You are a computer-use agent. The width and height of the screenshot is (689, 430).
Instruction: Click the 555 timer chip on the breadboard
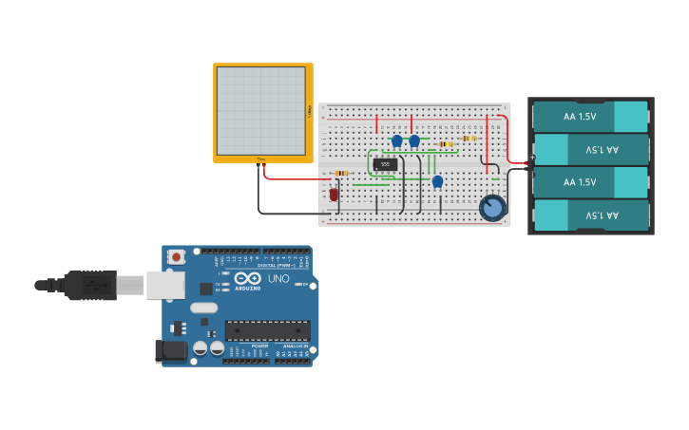385,164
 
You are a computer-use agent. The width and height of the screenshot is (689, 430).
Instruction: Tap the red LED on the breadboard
334,194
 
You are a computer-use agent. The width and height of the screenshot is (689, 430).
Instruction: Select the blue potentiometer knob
492,207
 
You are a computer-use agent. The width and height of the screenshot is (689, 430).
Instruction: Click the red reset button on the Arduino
177,256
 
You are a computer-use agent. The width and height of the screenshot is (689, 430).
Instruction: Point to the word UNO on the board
278,279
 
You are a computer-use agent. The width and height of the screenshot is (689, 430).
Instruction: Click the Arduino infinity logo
246,278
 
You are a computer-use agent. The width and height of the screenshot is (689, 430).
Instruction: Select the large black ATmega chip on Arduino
267,330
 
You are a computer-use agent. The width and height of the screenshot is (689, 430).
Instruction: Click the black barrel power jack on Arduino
171,350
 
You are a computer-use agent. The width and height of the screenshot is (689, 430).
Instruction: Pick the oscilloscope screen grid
261,110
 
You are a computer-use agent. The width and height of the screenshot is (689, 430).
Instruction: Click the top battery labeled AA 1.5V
591,117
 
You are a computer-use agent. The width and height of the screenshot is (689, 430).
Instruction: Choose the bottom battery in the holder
591,215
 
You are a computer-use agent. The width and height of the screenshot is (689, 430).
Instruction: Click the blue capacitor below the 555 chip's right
437,181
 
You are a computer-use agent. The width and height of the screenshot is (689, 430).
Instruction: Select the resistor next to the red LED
340,173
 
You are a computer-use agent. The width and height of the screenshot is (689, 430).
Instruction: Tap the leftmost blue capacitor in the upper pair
397,140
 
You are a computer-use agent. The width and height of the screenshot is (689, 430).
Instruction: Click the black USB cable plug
90,285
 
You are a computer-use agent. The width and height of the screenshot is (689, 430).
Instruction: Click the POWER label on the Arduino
258,346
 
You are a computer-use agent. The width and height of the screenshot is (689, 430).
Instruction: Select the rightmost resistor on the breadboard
469,139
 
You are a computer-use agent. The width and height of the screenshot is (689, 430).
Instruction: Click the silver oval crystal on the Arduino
203,308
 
